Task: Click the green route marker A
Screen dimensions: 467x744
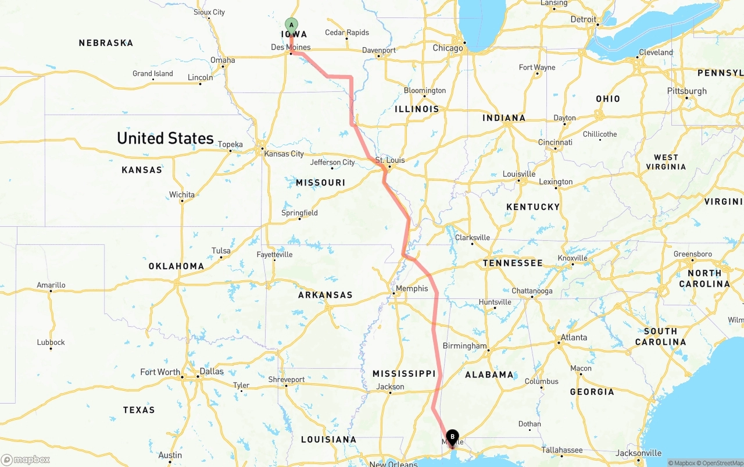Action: coord(291,25)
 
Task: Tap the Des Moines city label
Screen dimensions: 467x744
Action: coord(291,47)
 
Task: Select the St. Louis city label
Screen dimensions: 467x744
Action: coord(390,160)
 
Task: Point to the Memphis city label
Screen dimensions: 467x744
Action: coord(412,288)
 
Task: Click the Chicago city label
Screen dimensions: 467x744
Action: coord(448,48)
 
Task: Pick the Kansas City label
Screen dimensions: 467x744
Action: coord(284,154)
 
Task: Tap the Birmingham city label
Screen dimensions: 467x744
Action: coord(464,345)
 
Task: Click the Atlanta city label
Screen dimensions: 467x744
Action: coord(573,337)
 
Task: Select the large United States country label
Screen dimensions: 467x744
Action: coord(165,138)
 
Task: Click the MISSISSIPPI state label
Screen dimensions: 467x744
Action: coord(404,373)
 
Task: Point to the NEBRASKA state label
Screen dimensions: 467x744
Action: coord(106,43)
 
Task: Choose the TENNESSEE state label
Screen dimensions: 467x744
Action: coord(513,263)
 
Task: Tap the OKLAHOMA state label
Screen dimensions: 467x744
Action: coord(176,266)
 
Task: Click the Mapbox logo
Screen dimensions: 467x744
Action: coord(26,459)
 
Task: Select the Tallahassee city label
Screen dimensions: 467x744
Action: coord(562,450)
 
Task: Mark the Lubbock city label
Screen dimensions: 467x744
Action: coord(51,343)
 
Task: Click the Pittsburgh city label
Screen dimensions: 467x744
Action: coord(687,91)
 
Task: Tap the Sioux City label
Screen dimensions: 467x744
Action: coord(209,12)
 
